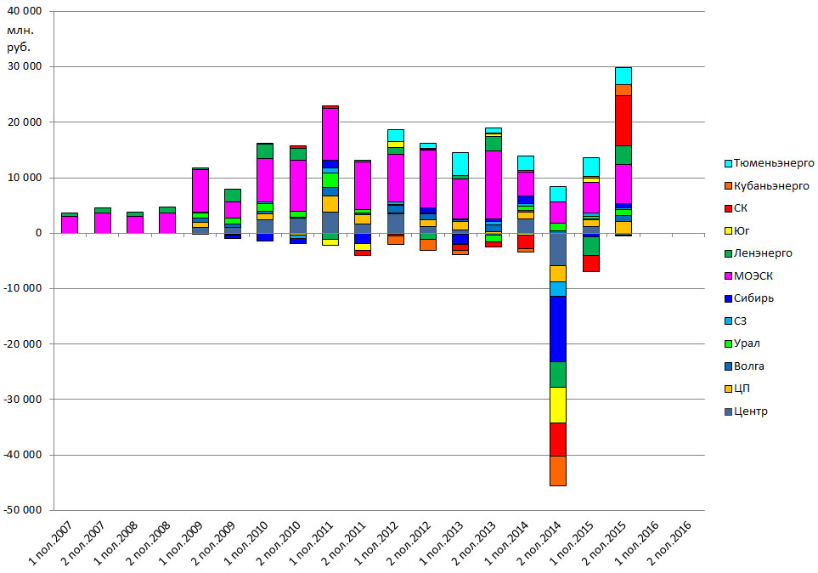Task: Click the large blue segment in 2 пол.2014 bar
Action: [x=558, y=329]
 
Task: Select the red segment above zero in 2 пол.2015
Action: [x=623, y=121]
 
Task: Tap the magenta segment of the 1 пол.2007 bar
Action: [x=70, y=224]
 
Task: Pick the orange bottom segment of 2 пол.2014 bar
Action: [x=558, y=470]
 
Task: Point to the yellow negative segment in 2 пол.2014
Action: [x=558, y=405]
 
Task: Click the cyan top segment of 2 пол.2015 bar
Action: [x=623, y=76]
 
